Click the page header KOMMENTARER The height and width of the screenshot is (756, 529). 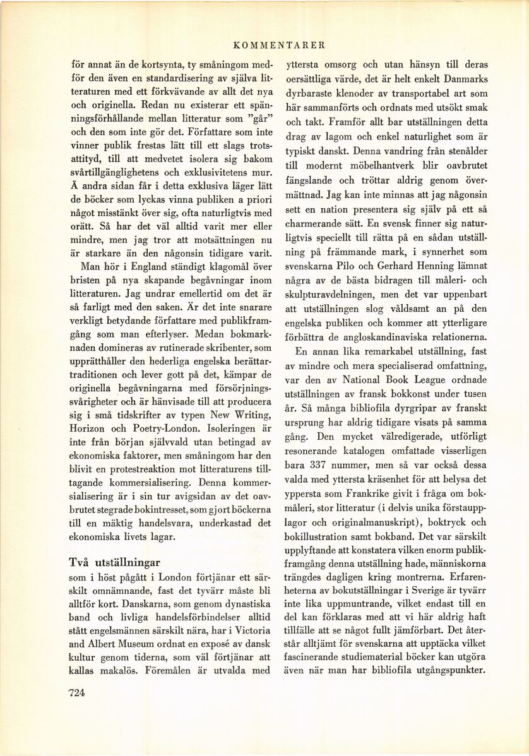pos(278,45)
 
